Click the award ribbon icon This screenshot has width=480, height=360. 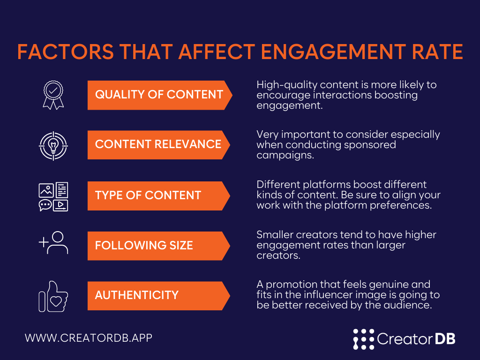coord(53,95)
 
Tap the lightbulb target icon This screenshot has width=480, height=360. coord(53,146)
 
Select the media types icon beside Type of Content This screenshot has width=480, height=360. coord(53,196)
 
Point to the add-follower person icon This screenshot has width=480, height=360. coord(53,243)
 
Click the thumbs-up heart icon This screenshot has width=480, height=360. coord(53,296)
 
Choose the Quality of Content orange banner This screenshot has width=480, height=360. coord(160,95)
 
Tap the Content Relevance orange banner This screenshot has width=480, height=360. coord(158,145)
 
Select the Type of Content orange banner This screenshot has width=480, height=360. coord(158,196)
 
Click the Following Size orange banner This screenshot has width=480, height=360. coord(158,246)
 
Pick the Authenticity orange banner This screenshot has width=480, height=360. coord(158,296)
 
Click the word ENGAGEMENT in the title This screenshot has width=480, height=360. coord(333,52)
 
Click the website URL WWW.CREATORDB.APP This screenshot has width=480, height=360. coord(89,337)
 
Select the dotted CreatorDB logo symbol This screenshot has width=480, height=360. coord(364,339)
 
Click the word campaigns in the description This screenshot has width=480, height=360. coord(285,156)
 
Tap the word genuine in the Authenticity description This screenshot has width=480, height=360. coord(389,285)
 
